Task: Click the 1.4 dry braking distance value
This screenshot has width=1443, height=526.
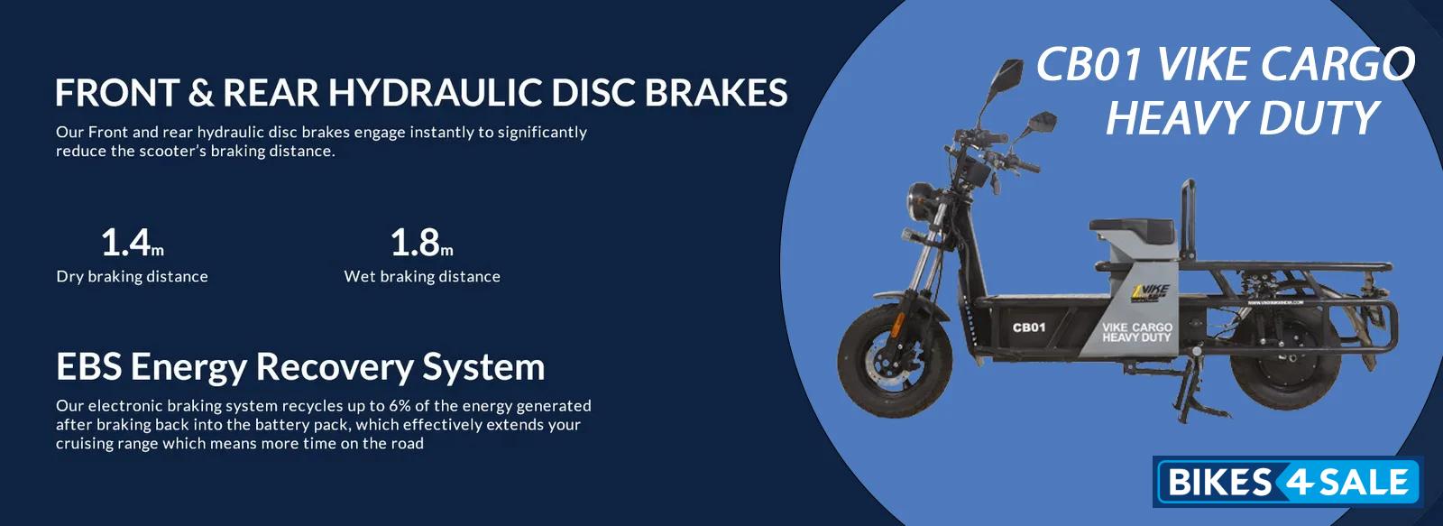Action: click(x=132, y=243)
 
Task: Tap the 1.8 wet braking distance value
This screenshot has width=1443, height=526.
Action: click(x=422, y=243)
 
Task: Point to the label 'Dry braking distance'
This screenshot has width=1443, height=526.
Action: click(x=132, y=277)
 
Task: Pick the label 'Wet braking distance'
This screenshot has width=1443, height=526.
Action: click(x=422, y=277)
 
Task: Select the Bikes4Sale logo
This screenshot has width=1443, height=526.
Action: click(x=1287, y=482)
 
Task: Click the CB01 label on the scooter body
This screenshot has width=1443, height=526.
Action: click(x=1029, y=328)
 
